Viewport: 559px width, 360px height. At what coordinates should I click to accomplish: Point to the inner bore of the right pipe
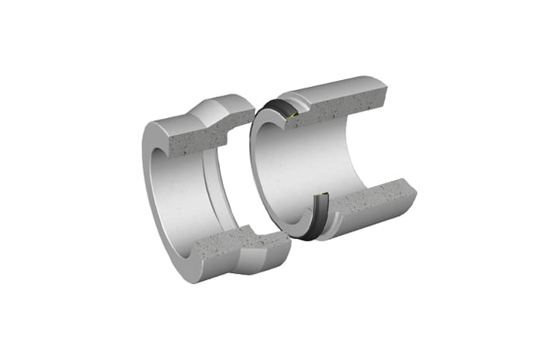pyautogui.click(x=311, y=163)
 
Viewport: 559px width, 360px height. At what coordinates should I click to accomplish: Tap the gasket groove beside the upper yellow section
pyautogui.click(x=299, y=116)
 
